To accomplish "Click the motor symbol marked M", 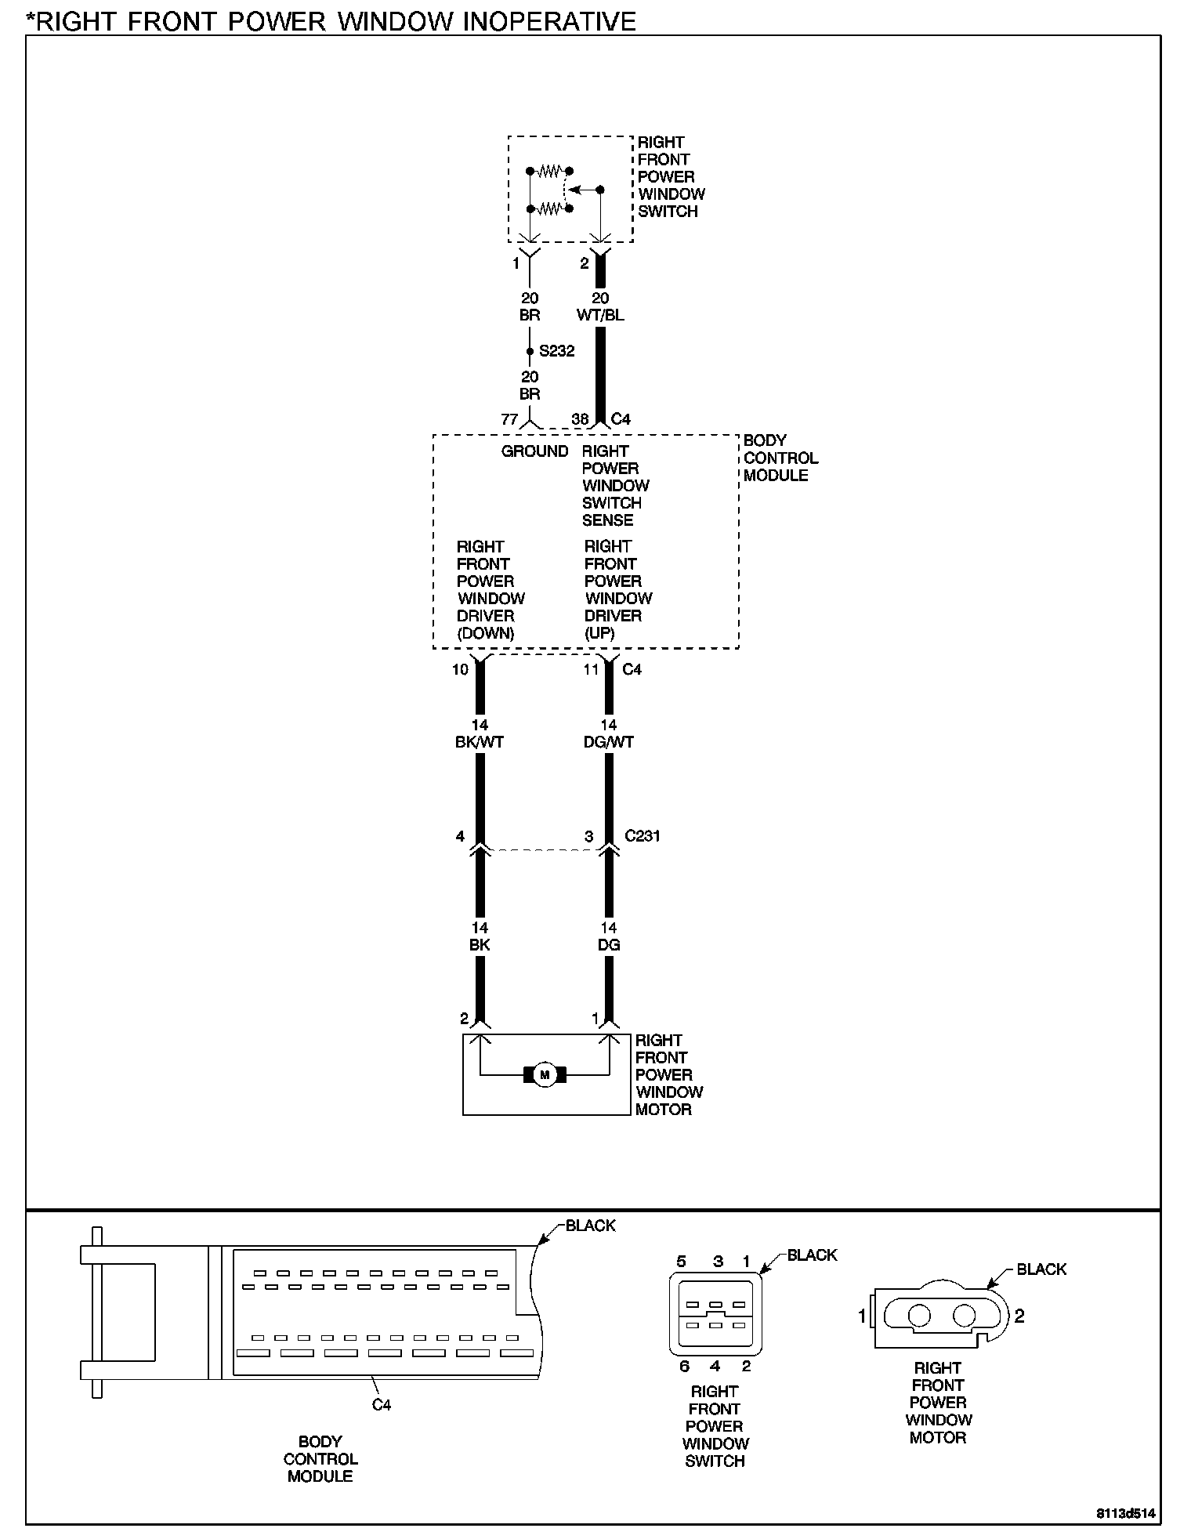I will [x=545, y=1075].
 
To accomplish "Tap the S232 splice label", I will [x=556, y=351].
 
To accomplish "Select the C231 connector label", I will [x=643, y=836].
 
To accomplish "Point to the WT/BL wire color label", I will [x=600, y=315].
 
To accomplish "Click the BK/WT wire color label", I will [x=480, y=741].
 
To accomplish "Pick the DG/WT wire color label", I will [x=609, y=741].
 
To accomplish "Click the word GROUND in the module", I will [x=534, y=451].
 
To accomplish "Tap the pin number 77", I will [x=509, y=419].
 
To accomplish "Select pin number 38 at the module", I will [x=580, y=419].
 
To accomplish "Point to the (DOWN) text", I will [x=486, y=633].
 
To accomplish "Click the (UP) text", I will [x=599, y=633].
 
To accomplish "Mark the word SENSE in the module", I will [x=607, y=520].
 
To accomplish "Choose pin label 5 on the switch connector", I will [x=682, y=1262].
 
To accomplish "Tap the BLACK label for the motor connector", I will [x=1041, y=1269].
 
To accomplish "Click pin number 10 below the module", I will [x=460, y=669].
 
